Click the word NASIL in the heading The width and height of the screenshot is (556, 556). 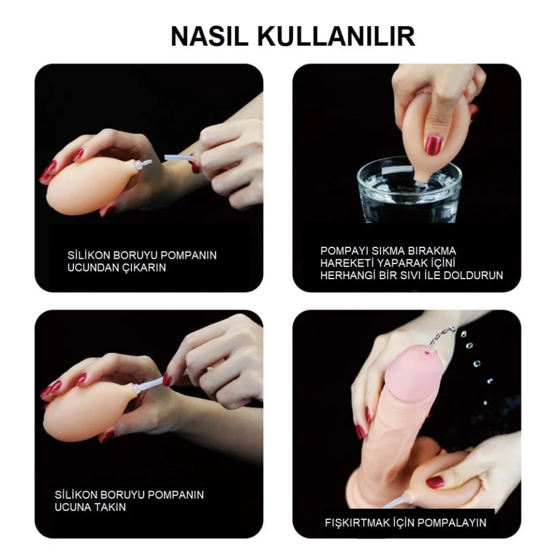pos(209,36)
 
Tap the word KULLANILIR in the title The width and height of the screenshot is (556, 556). pos(336,36)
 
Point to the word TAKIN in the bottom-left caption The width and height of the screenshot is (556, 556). pos(109,507)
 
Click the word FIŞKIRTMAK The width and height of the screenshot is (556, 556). pos(357,522)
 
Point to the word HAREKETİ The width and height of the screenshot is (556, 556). pos(347,263)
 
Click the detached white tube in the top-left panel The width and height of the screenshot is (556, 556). pos(179,159)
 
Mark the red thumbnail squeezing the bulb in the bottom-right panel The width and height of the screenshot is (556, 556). pos(435,482)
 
